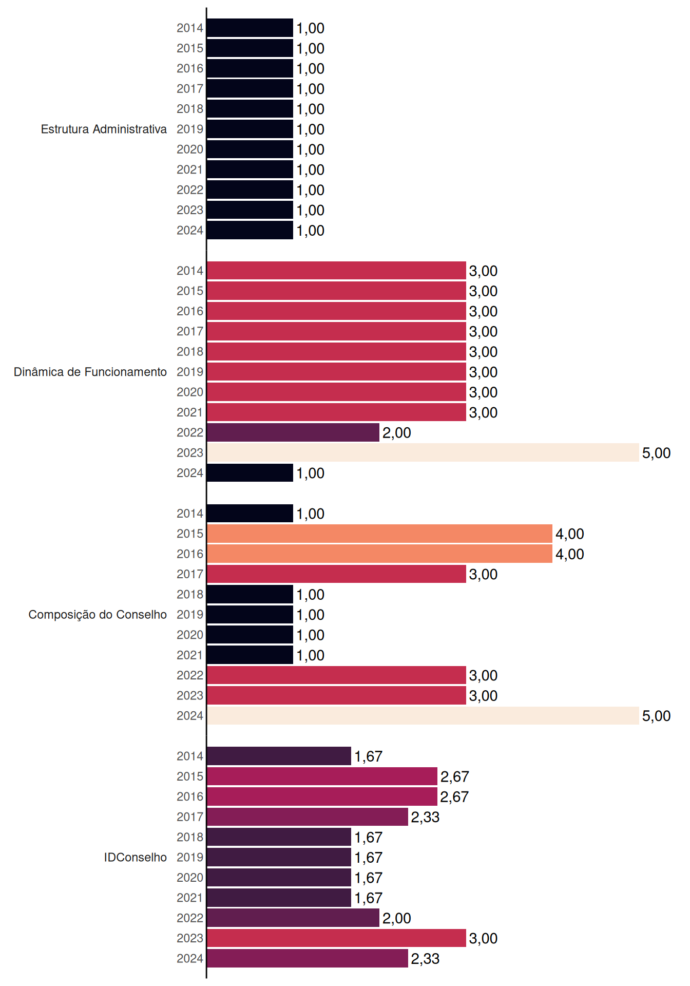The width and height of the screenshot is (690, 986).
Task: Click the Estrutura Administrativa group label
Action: click(x=104, y=129)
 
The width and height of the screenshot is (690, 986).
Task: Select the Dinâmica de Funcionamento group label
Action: click(x=90, y=372)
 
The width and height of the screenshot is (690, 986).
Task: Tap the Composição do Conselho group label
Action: click(x=98, y=615)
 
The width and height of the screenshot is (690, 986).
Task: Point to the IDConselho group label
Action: click(x=136, y=857)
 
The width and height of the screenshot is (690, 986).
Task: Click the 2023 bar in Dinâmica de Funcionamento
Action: click(x=423, y=452)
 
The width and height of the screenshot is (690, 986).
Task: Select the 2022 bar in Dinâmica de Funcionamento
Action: click(x=293, y=432)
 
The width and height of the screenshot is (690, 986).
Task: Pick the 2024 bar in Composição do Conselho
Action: click(x=423, y=715)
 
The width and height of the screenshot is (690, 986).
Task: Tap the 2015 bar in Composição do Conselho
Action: click(x=380, y=534)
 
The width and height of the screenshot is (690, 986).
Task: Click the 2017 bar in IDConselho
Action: click(x=308, y=817)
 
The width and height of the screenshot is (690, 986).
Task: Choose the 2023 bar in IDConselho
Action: click(x=336, y=938)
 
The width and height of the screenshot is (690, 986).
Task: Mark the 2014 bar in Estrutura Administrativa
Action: click(x=250, y=28)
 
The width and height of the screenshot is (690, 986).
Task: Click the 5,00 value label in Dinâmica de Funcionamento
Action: click(x=656, y=453)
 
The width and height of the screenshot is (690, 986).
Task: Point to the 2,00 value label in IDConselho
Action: click(x=396, y=918)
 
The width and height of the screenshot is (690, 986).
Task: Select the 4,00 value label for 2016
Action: click(x=570, y=554)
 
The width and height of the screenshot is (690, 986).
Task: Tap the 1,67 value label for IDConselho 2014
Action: click(x=368, y=756)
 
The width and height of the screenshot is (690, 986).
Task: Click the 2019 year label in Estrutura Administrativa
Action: click(x=190, y=129)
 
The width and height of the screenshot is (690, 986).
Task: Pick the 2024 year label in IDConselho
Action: click(x=190, y=958)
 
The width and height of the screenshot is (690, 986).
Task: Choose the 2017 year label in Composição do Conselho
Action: click(x=190, y=574)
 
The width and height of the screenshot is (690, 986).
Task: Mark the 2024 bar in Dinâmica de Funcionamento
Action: click(x=250, y=472)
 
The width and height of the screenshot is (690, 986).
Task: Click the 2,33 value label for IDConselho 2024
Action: click(x=425, y=959)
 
